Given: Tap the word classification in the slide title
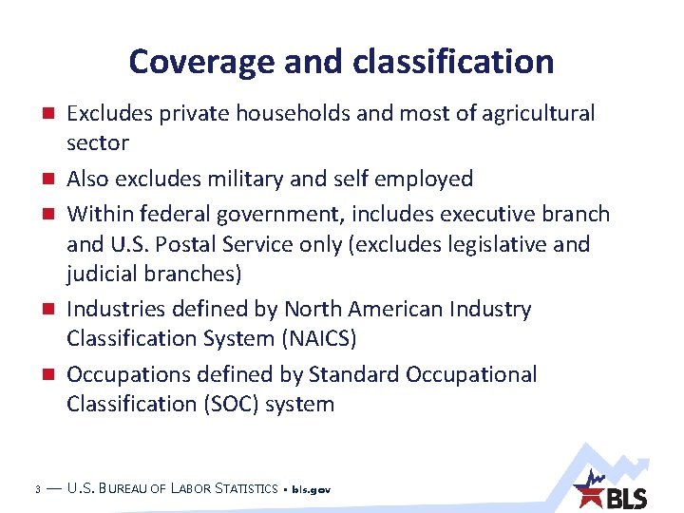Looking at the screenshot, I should [453, 63].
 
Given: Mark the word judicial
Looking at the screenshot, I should [102, 275].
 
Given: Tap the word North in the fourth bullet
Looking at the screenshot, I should [315, 309].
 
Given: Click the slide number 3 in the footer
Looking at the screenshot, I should [35, 490].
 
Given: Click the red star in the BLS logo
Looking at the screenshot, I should [591, 494].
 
